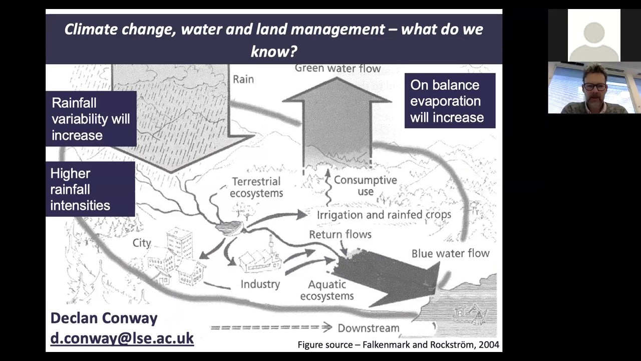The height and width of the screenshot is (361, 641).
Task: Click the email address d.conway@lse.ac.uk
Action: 122,338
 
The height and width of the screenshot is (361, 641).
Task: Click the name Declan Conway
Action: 104,318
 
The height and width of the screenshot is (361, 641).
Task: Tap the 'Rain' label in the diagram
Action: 243,79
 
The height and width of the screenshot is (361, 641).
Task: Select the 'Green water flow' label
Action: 338,68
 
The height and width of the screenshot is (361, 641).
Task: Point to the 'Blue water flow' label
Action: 450,253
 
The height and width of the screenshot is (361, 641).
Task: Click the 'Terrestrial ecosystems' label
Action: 256,187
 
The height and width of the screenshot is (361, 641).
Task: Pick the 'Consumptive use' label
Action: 365,186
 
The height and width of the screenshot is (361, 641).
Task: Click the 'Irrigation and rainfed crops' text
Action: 384,215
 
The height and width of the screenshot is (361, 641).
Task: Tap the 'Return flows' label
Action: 340,234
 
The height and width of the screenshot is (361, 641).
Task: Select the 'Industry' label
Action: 260,284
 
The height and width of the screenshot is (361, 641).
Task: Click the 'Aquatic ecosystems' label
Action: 327,290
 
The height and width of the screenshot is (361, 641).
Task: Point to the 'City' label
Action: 142,243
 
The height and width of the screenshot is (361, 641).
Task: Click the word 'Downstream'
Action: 368,328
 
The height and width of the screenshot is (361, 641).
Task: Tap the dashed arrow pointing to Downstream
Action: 271,327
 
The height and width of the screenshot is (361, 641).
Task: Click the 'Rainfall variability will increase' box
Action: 91,119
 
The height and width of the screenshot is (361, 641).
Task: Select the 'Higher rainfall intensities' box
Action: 90,189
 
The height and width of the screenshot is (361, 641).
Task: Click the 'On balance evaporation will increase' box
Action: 450,101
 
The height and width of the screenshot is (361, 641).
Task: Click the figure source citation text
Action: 398,344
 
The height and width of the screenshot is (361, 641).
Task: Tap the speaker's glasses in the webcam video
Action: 594,86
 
